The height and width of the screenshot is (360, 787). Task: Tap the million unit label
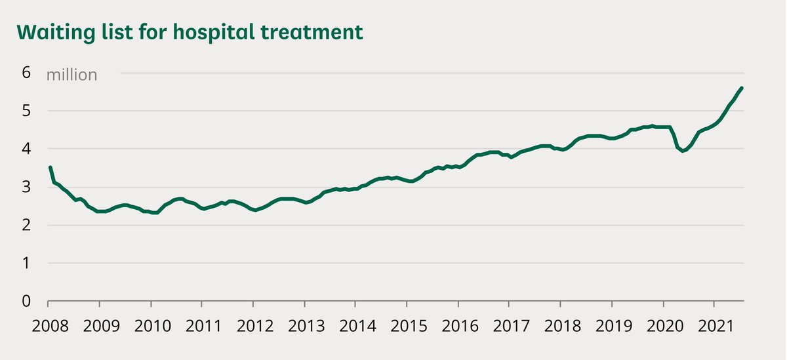(71, 75)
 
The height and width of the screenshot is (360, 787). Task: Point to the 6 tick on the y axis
(26, 73)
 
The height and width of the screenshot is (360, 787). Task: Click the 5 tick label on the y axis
(26, 111)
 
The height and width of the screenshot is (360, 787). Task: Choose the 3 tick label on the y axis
(26, 187)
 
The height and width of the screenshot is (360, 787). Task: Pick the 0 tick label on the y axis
(26, 302)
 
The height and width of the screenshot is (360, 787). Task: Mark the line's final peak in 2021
(741, 88)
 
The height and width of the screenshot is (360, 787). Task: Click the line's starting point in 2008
(50, 167)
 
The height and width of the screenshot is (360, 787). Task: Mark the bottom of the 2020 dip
(683, 151)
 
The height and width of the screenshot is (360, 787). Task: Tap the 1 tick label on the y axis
(26, 264)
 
